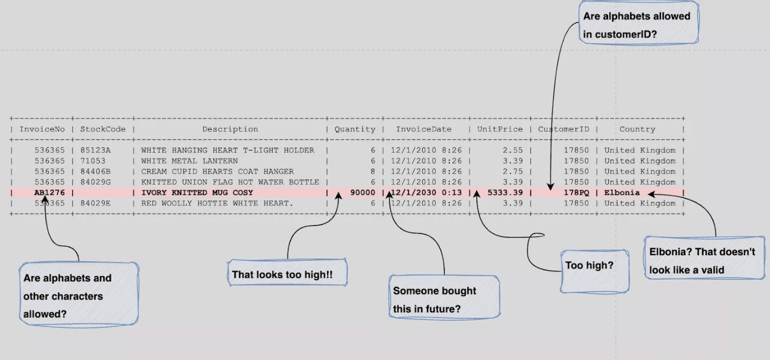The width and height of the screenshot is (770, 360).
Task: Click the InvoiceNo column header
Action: coord(42,129)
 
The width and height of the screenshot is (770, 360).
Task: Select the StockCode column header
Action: coord(103,129)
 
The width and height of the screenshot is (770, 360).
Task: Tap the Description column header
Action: coord(230,129)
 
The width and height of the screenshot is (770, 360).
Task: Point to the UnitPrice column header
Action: coord(500,129)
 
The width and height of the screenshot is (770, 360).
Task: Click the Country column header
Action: coord(637,129)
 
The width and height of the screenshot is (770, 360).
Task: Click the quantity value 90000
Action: coord(363,193)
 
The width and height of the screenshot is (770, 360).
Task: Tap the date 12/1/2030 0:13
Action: coord(426,193)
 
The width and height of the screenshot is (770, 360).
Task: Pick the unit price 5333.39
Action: coord(504,193)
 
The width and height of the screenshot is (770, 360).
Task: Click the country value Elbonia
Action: coord(622,193)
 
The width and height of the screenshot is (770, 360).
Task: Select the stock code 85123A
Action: coord(95,150)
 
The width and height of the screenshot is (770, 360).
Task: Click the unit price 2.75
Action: coord(513,171)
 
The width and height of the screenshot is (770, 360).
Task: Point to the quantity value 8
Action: coord(373,171)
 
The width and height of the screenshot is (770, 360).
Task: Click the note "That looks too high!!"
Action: coord(287,273)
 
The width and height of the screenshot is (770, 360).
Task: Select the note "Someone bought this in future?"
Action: coord(444,300)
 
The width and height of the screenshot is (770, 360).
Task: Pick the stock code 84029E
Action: coord(95,204)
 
